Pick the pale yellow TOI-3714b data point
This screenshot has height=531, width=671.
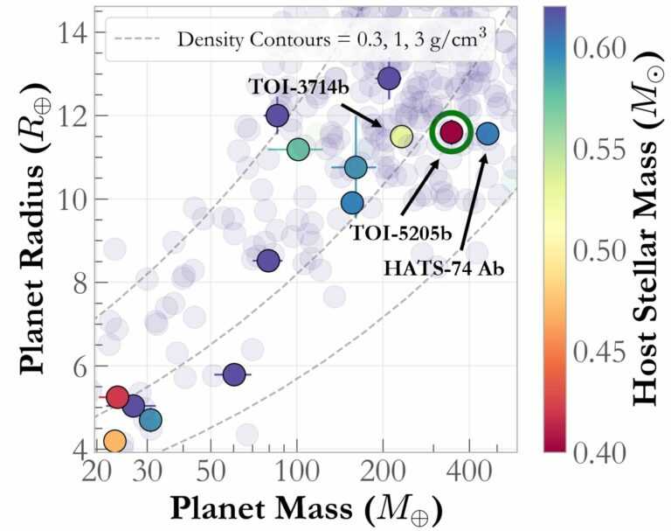pos(401,136)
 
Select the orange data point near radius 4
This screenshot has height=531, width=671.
pos(115,441)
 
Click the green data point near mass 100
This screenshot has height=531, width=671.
pos(298,150)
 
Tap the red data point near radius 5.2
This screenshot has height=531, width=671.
pos(117,397)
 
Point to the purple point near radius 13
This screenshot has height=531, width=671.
pos(389,79)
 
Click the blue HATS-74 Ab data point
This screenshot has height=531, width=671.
pos(488,133)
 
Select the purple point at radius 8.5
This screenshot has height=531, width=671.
pos(268,260)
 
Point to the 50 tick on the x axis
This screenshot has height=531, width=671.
pos(211,475)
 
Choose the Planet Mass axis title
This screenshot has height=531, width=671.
pos(305,508)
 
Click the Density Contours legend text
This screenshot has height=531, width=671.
pos(331,38)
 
